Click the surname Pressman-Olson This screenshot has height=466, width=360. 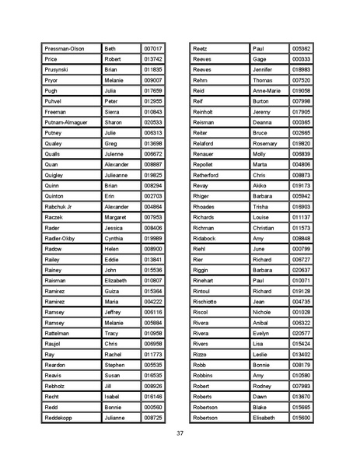(x=64, y=48)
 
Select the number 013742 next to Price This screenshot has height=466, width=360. (x=153, y=59)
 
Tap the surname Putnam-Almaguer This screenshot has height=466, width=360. (x=66, y=122)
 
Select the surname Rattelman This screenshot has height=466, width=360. (x=58, y=333)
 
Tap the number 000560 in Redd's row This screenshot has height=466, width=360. (x=153, y=407)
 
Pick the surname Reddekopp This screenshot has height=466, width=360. (x=59, y=417)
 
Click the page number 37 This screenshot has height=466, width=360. (x=180, y=433)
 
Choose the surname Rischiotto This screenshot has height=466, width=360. (x=208, y=301)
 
